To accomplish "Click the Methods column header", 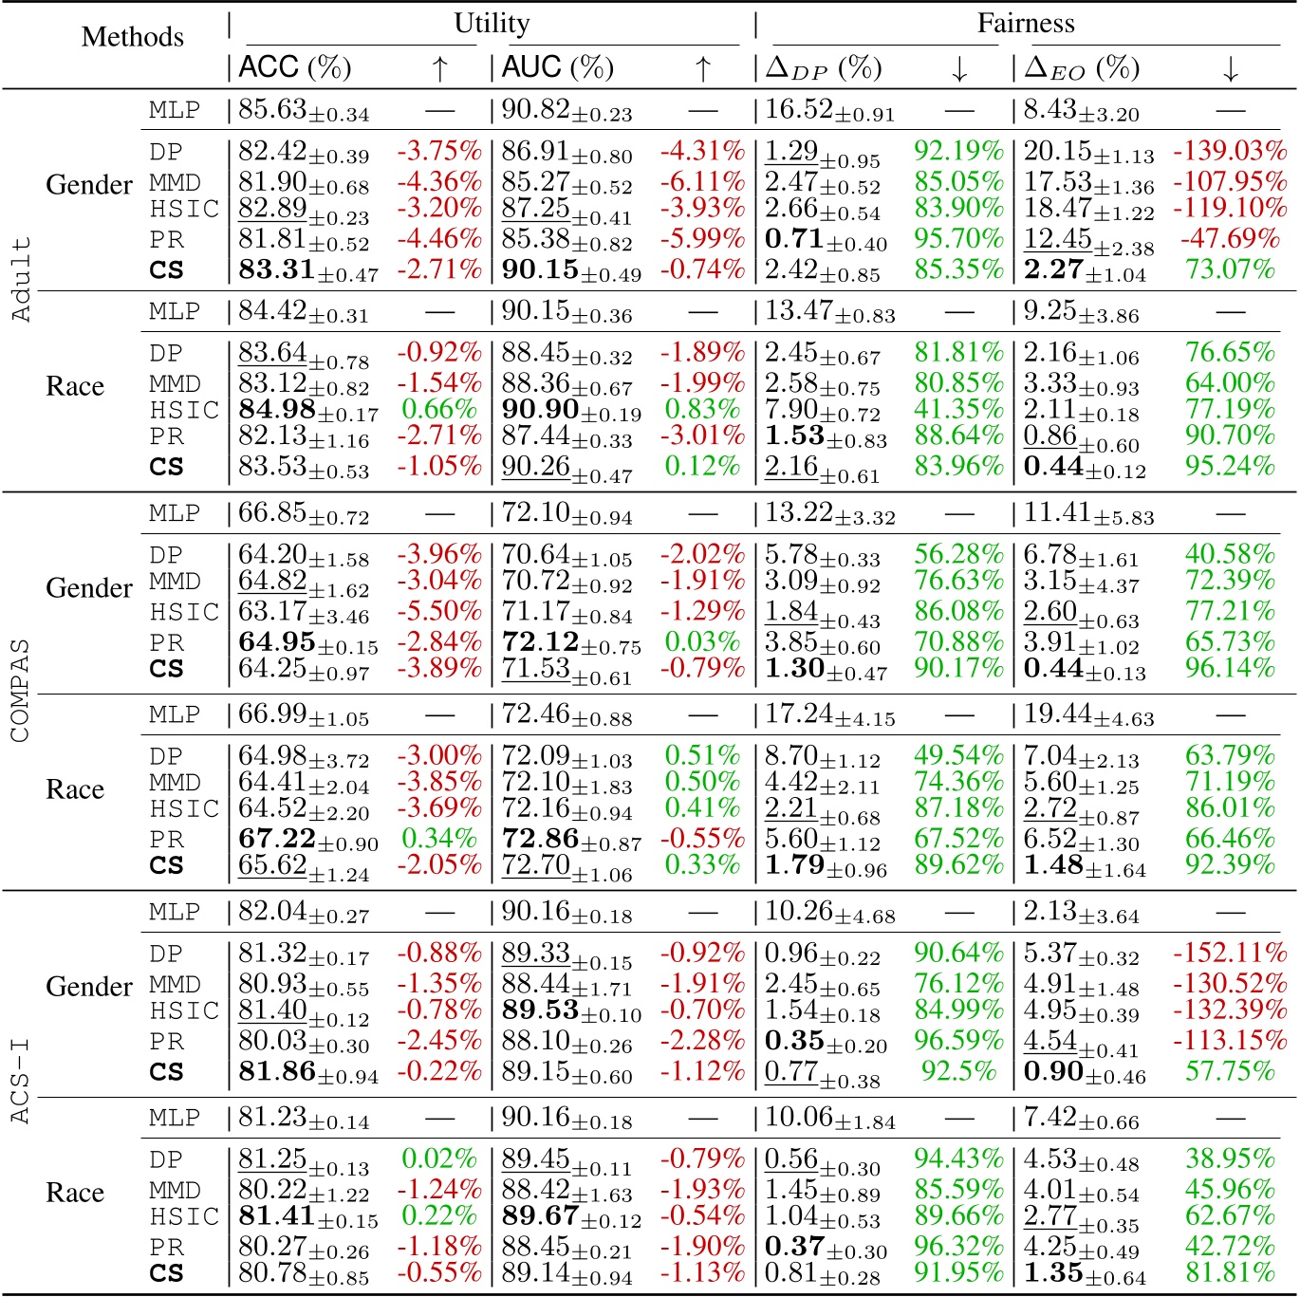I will (x=133, y=37).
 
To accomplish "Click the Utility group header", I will (x=492, y=24).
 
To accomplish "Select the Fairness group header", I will (x=1026, y=24).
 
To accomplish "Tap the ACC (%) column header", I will (x=295, y=68).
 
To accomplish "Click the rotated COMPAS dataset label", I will (x=20, y=691).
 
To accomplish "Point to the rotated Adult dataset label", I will (x=20, y=280).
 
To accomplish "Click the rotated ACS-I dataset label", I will (x=20, y=1082).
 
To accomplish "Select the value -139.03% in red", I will (x=1230, y=152).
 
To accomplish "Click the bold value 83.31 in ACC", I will (x=277, y=270).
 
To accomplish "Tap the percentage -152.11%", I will (x=1230, y=954).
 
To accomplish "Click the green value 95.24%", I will (x=1230, y=467).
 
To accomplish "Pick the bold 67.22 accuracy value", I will (x=277, y=839).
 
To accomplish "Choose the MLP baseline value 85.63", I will (x=272, y=110).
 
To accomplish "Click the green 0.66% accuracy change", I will (x=438, y=410).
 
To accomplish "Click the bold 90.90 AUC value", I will (x=540, y=410).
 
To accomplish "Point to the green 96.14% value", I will (x=1230, y=669).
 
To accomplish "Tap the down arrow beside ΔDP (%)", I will (x=958, y=68).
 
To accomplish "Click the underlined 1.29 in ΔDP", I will (x=791, y=152).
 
